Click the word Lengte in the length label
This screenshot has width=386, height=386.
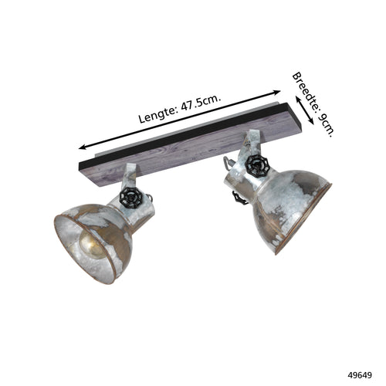157,114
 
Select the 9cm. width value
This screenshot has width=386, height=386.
327,126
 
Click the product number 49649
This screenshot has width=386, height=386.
360,375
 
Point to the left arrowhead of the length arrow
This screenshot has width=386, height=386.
83,147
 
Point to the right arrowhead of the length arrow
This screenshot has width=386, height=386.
276,92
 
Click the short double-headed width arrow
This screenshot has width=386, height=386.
305,110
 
